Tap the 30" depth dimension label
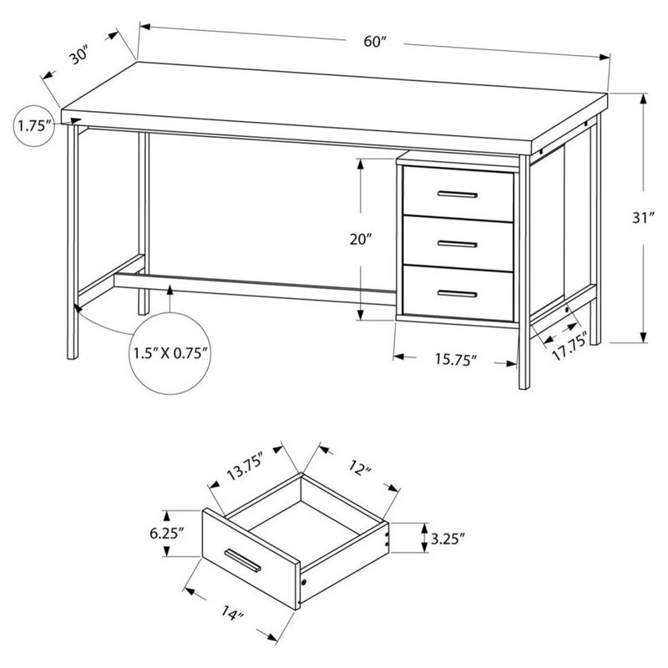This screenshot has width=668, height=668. click(79, 57)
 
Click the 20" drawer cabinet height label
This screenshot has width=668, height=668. click(361, 240)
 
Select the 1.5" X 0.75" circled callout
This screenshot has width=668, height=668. click(170, 352)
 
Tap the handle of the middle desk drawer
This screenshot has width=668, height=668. click(457, 244)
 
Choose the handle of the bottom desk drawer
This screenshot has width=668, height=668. click(457, 294)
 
